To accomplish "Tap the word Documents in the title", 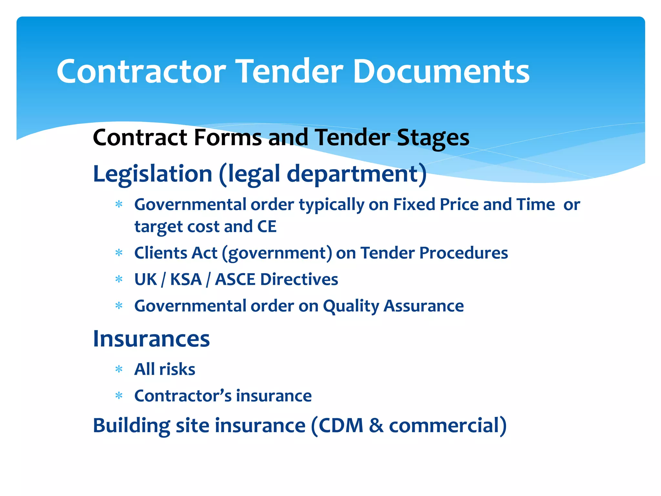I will click(x=441, y=71).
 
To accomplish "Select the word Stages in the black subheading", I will click(x=433, y=138).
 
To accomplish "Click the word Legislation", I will click(x=152, y=174).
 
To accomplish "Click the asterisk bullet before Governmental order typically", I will click(x=119, y=204).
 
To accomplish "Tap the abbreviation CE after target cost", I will click(x=267, y=226).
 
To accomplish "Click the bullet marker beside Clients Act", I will click(x=119, y=253).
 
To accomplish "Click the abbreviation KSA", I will click(x=186, y=279).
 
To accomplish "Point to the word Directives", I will click(x=299, y=279).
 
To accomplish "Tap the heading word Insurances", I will click(x=151, y=339).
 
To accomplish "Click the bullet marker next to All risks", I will click(x=119, y=369).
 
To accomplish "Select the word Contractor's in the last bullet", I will click(x=183, y=396).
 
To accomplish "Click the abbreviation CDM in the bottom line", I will click(x=341, y=425).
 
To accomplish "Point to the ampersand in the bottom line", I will click(x=376, y=425).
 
